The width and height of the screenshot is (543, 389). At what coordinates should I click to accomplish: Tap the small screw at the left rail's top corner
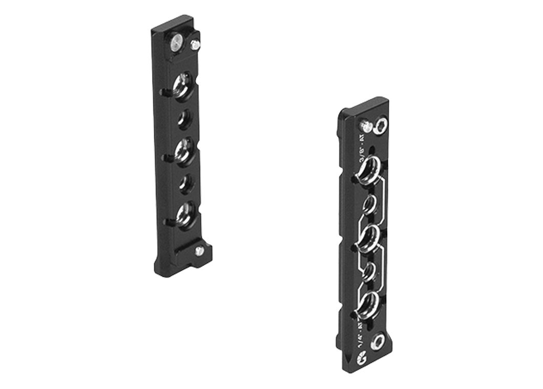195,45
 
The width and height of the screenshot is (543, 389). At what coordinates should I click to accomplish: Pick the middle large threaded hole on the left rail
183,150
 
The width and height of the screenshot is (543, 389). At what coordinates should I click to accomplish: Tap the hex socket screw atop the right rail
380,126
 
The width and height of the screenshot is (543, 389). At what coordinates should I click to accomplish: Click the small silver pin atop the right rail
366,124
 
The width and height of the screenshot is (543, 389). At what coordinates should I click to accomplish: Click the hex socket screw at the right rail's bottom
378,341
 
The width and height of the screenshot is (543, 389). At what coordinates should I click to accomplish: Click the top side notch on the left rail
163,93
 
